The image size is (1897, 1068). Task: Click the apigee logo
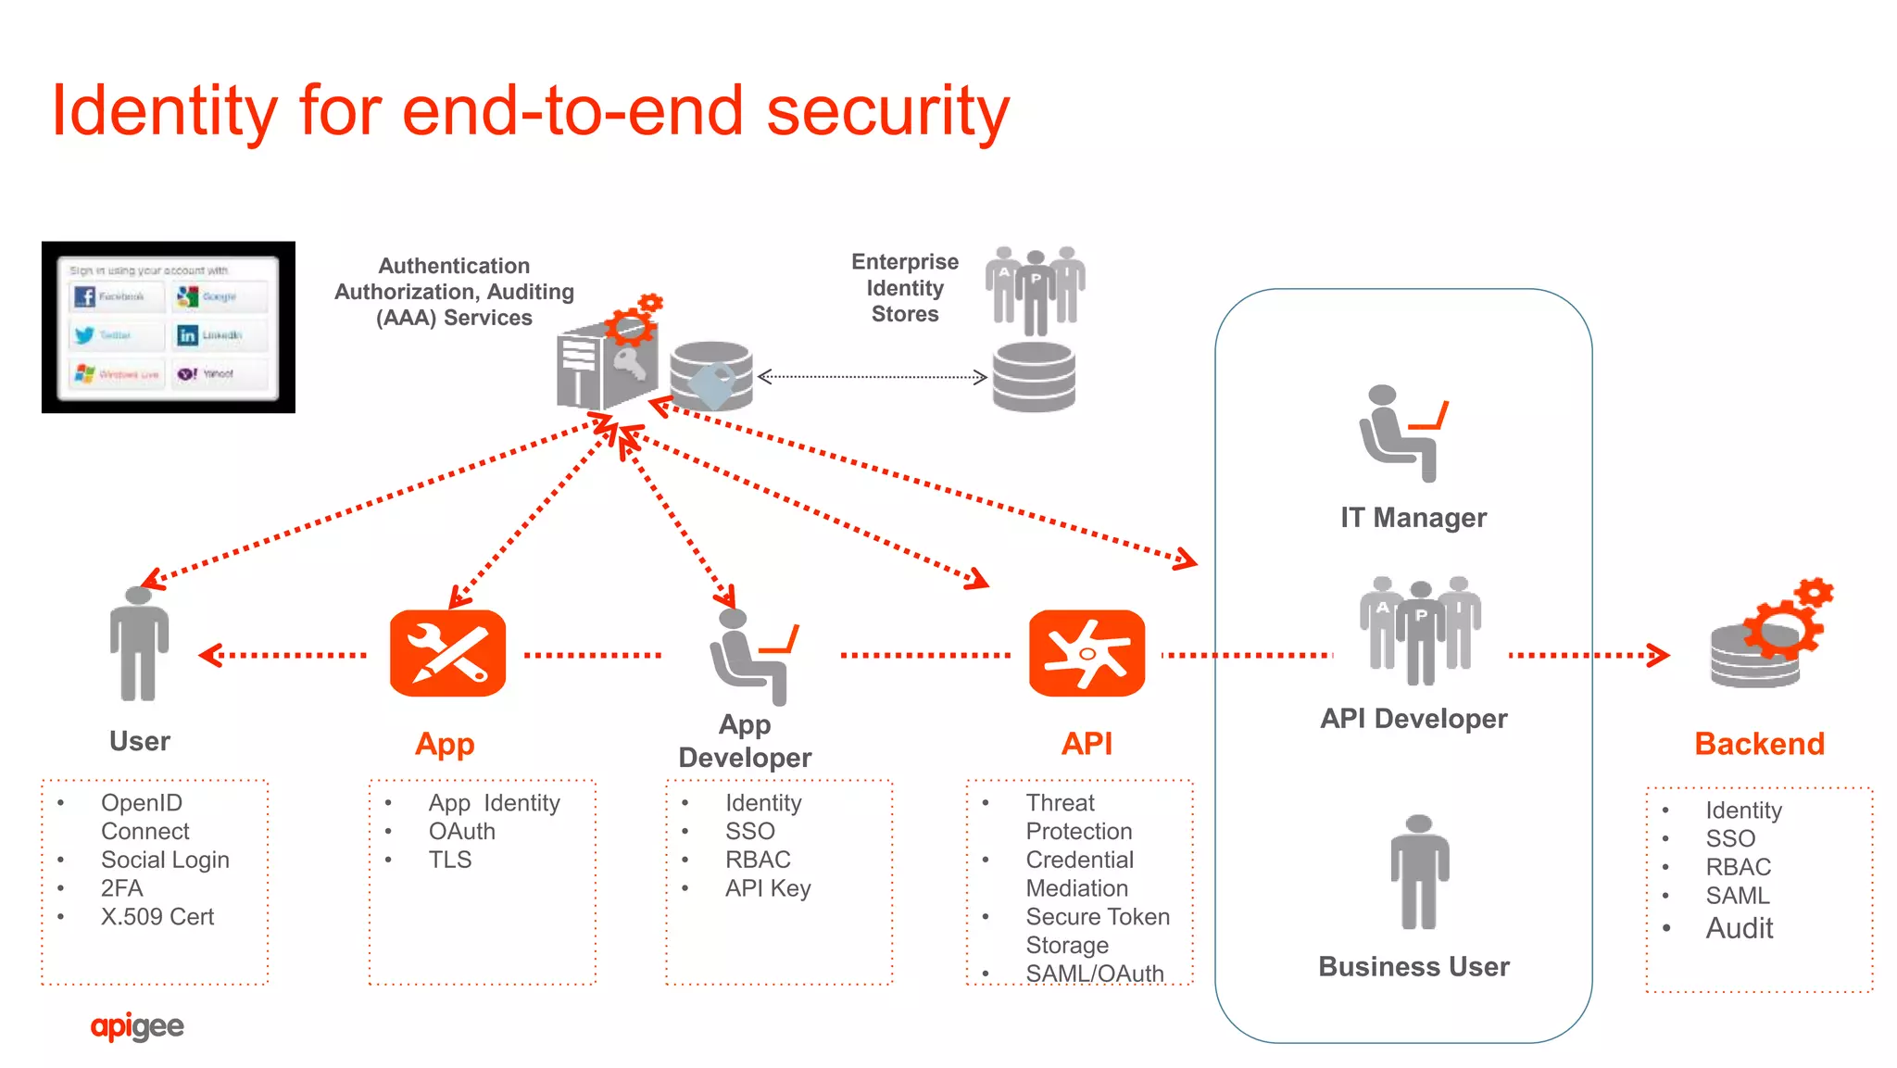coord(137,1026)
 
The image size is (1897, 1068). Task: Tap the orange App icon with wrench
coord(447,653)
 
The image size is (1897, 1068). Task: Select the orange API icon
coord(1087,653)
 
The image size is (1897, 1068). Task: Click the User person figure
coord(139,645)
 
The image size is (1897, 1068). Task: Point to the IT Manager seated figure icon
coord(1401,433)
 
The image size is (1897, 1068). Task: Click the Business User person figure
coord(1418,872)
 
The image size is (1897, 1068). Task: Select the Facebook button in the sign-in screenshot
coord(117,296)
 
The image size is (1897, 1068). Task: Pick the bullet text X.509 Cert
coord(157,916)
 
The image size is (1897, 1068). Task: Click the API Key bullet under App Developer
coord(767,887)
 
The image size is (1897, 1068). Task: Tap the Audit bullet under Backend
coord(1739,927)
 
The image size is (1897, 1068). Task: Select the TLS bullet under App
coord(449,860)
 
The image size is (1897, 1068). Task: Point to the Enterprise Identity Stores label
coord(904,288)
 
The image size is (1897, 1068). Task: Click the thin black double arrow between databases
coord(872,377)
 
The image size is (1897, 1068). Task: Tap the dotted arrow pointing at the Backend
coord(1589,655)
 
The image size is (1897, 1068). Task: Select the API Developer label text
coord(1413,719)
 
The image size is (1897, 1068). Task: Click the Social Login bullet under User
coord(164,860)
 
